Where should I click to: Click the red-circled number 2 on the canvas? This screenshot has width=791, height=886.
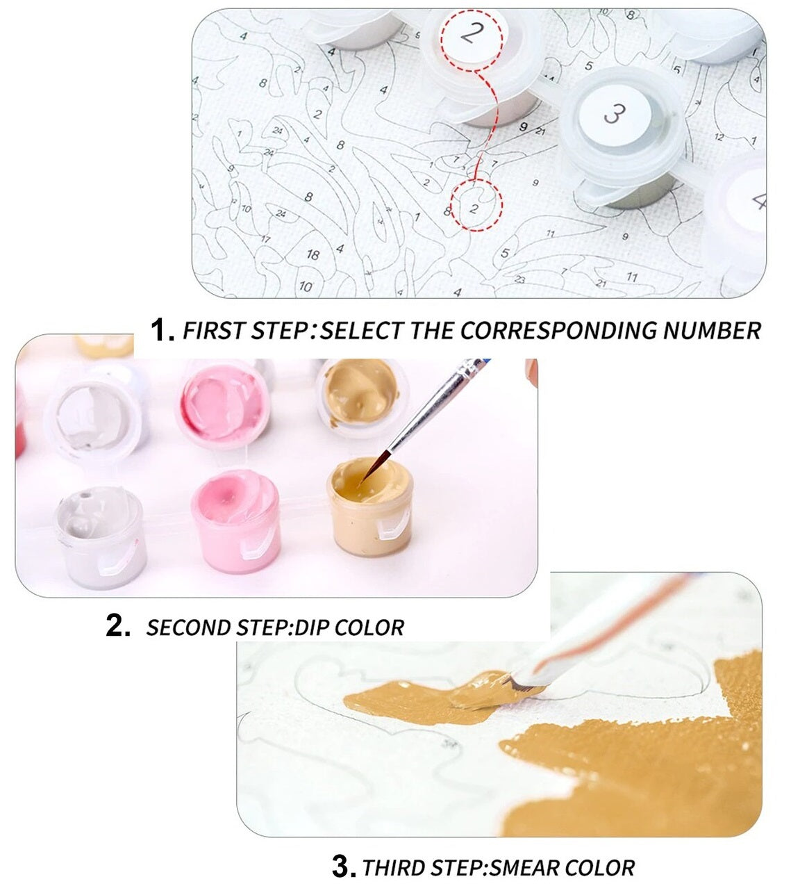pos(474,208)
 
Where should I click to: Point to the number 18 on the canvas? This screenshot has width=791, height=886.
pos(313,254)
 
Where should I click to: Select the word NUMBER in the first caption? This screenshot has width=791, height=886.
pos(713,331)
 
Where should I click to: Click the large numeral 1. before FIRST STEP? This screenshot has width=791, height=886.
pos(162,330)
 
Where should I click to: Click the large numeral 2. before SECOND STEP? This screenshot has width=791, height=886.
pos(118,626)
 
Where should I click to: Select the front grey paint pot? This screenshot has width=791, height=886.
pos(101,537)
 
